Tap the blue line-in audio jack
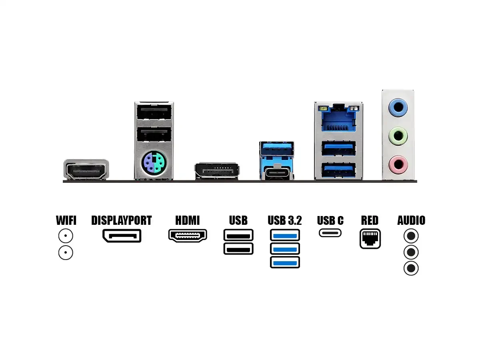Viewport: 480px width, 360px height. point(398,107)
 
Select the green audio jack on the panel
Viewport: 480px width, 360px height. point(398,136)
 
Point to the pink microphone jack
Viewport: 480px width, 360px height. point(398,164)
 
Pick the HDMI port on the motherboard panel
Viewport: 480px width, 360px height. point(86,170)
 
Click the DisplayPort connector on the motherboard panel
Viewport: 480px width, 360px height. point(217,171)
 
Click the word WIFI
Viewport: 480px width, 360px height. point(66,220)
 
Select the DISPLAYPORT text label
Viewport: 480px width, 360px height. point(122,220)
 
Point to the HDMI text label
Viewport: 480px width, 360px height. point(187,220)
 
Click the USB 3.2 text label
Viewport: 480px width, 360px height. point(285,220)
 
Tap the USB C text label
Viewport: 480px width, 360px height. point(330,220)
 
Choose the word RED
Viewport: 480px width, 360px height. point(370,220)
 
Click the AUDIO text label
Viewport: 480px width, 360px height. point(411,220)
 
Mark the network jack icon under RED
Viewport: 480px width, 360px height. point(370,239)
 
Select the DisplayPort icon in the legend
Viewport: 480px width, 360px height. point(122,236)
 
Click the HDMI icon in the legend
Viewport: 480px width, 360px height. point(188,236)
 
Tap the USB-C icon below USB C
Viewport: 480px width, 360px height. point(330,232)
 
